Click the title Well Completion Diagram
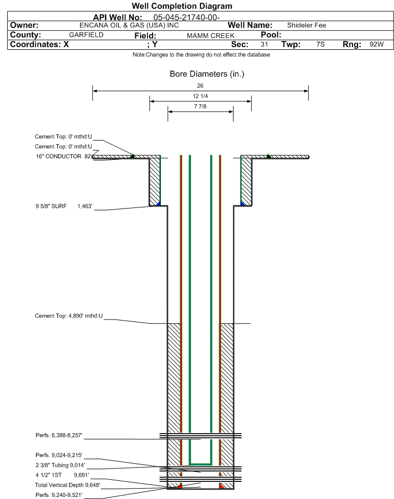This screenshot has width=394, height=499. [182, 6]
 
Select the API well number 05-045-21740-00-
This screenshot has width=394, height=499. [187, 18]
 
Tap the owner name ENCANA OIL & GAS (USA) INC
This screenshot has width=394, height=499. [129, 25]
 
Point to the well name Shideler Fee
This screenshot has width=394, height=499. [306, 25]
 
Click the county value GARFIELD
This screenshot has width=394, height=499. [86, 35]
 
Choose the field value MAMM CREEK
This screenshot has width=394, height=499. [211, 36]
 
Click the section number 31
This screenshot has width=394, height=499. [264, 44]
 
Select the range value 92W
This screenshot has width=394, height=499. [376, 44]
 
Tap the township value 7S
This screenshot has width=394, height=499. [320, 44]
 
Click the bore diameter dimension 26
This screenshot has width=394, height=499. [200, 86]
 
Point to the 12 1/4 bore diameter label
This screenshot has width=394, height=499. [200, 96]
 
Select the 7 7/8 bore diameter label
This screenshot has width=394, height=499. [200, 107]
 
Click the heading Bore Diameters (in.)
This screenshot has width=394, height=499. [207, 74]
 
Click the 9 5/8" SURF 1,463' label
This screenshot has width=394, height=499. [64, 206]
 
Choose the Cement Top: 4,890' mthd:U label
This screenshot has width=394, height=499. [69, 316]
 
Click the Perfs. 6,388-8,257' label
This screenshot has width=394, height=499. [59, 435]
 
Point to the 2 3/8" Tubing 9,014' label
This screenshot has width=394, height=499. [60, 465]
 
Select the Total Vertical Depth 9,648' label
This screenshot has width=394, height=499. [67, 485]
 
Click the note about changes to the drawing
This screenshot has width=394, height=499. [201, 55]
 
